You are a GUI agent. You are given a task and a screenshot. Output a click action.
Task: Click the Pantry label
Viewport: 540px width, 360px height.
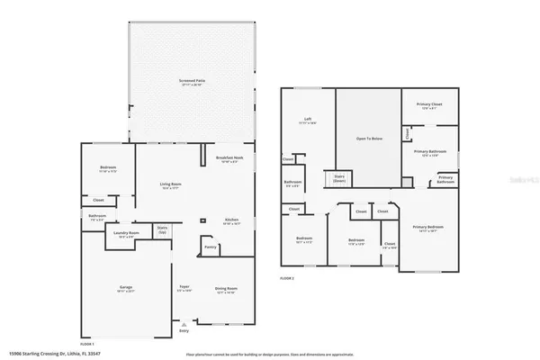pos(210,247)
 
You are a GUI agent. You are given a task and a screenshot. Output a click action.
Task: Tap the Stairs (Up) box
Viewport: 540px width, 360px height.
pos(162,230)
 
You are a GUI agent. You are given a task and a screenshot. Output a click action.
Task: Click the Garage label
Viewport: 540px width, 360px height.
pos(126,289)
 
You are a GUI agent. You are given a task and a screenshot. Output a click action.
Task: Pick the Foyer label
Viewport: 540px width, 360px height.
pos(184,289)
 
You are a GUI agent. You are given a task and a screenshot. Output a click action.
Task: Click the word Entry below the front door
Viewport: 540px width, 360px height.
pos(184,330)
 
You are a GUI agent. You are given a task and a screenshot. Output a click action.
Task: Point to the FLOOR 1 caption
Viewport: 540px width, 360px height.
pos(87,344)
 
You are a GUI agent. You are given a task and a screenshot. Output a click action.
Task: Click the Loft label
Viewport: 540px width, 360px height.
pos(307,119)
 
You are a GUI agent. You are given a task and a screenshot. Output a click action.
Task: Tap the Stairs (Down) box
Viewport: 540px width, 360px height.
pos(340,177)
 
